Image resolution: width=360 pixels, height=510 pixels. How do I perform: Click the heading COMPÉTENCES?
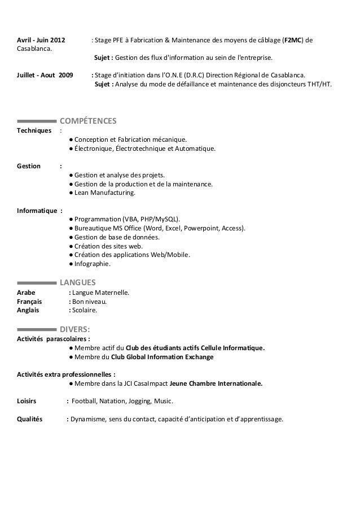(88, 121)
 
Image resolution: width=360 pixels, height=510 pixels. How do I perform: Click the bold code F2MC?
(293, 41)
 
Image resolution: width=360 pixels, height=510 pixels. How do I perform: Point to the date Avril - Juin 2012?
(41, 41)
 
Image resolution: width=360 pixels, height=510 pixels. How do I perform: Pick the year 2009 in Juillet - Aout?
(65, 75)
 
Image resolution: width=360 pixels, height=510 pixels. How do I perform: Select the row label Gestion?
(29, 166)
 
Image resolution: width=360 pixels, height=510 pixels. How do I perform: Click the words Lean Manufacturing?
(105, 193)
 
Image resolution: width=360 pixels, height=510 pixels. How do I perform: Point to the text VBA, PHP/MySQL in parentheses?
(151, 219)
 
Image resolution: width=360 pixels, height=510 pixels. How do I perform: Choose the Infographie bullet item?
(93, 263)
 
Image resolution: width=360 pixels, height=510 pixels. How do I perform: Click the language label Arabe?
(26, 293)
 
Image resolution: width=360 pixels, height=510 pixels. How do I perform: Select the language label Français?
(29, 302)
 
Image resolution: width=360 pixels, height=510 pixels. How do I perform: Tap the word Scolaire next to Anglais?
(85, 310)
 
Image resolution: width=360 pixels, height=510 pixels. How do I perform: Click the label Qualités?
(30, 419)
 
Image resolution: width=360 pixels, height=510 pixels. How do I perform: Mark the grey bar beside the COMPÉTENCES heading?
(37, 121)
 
